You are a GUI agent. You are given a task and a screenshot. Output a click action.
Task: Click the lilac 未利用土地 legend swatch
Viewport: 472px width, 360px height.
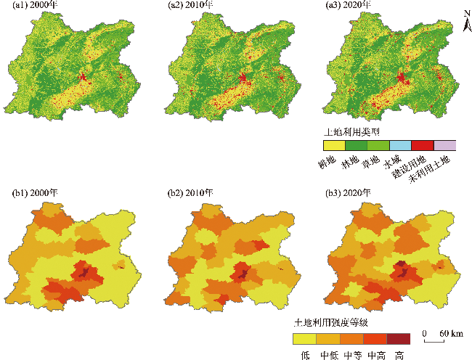[x=444, y=145]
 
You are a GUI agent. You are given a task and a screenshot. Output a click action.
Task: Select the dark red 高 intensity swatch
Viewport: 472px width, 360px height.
[x=399, y=339]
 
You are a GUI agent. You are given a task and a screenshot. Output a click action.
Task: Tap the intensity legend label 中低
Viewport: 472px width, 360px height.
[x=329, y=355]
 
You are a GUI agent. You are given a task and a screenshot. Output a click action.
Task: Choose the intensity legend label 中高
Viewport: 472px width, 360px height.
[x=375, y=355]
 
